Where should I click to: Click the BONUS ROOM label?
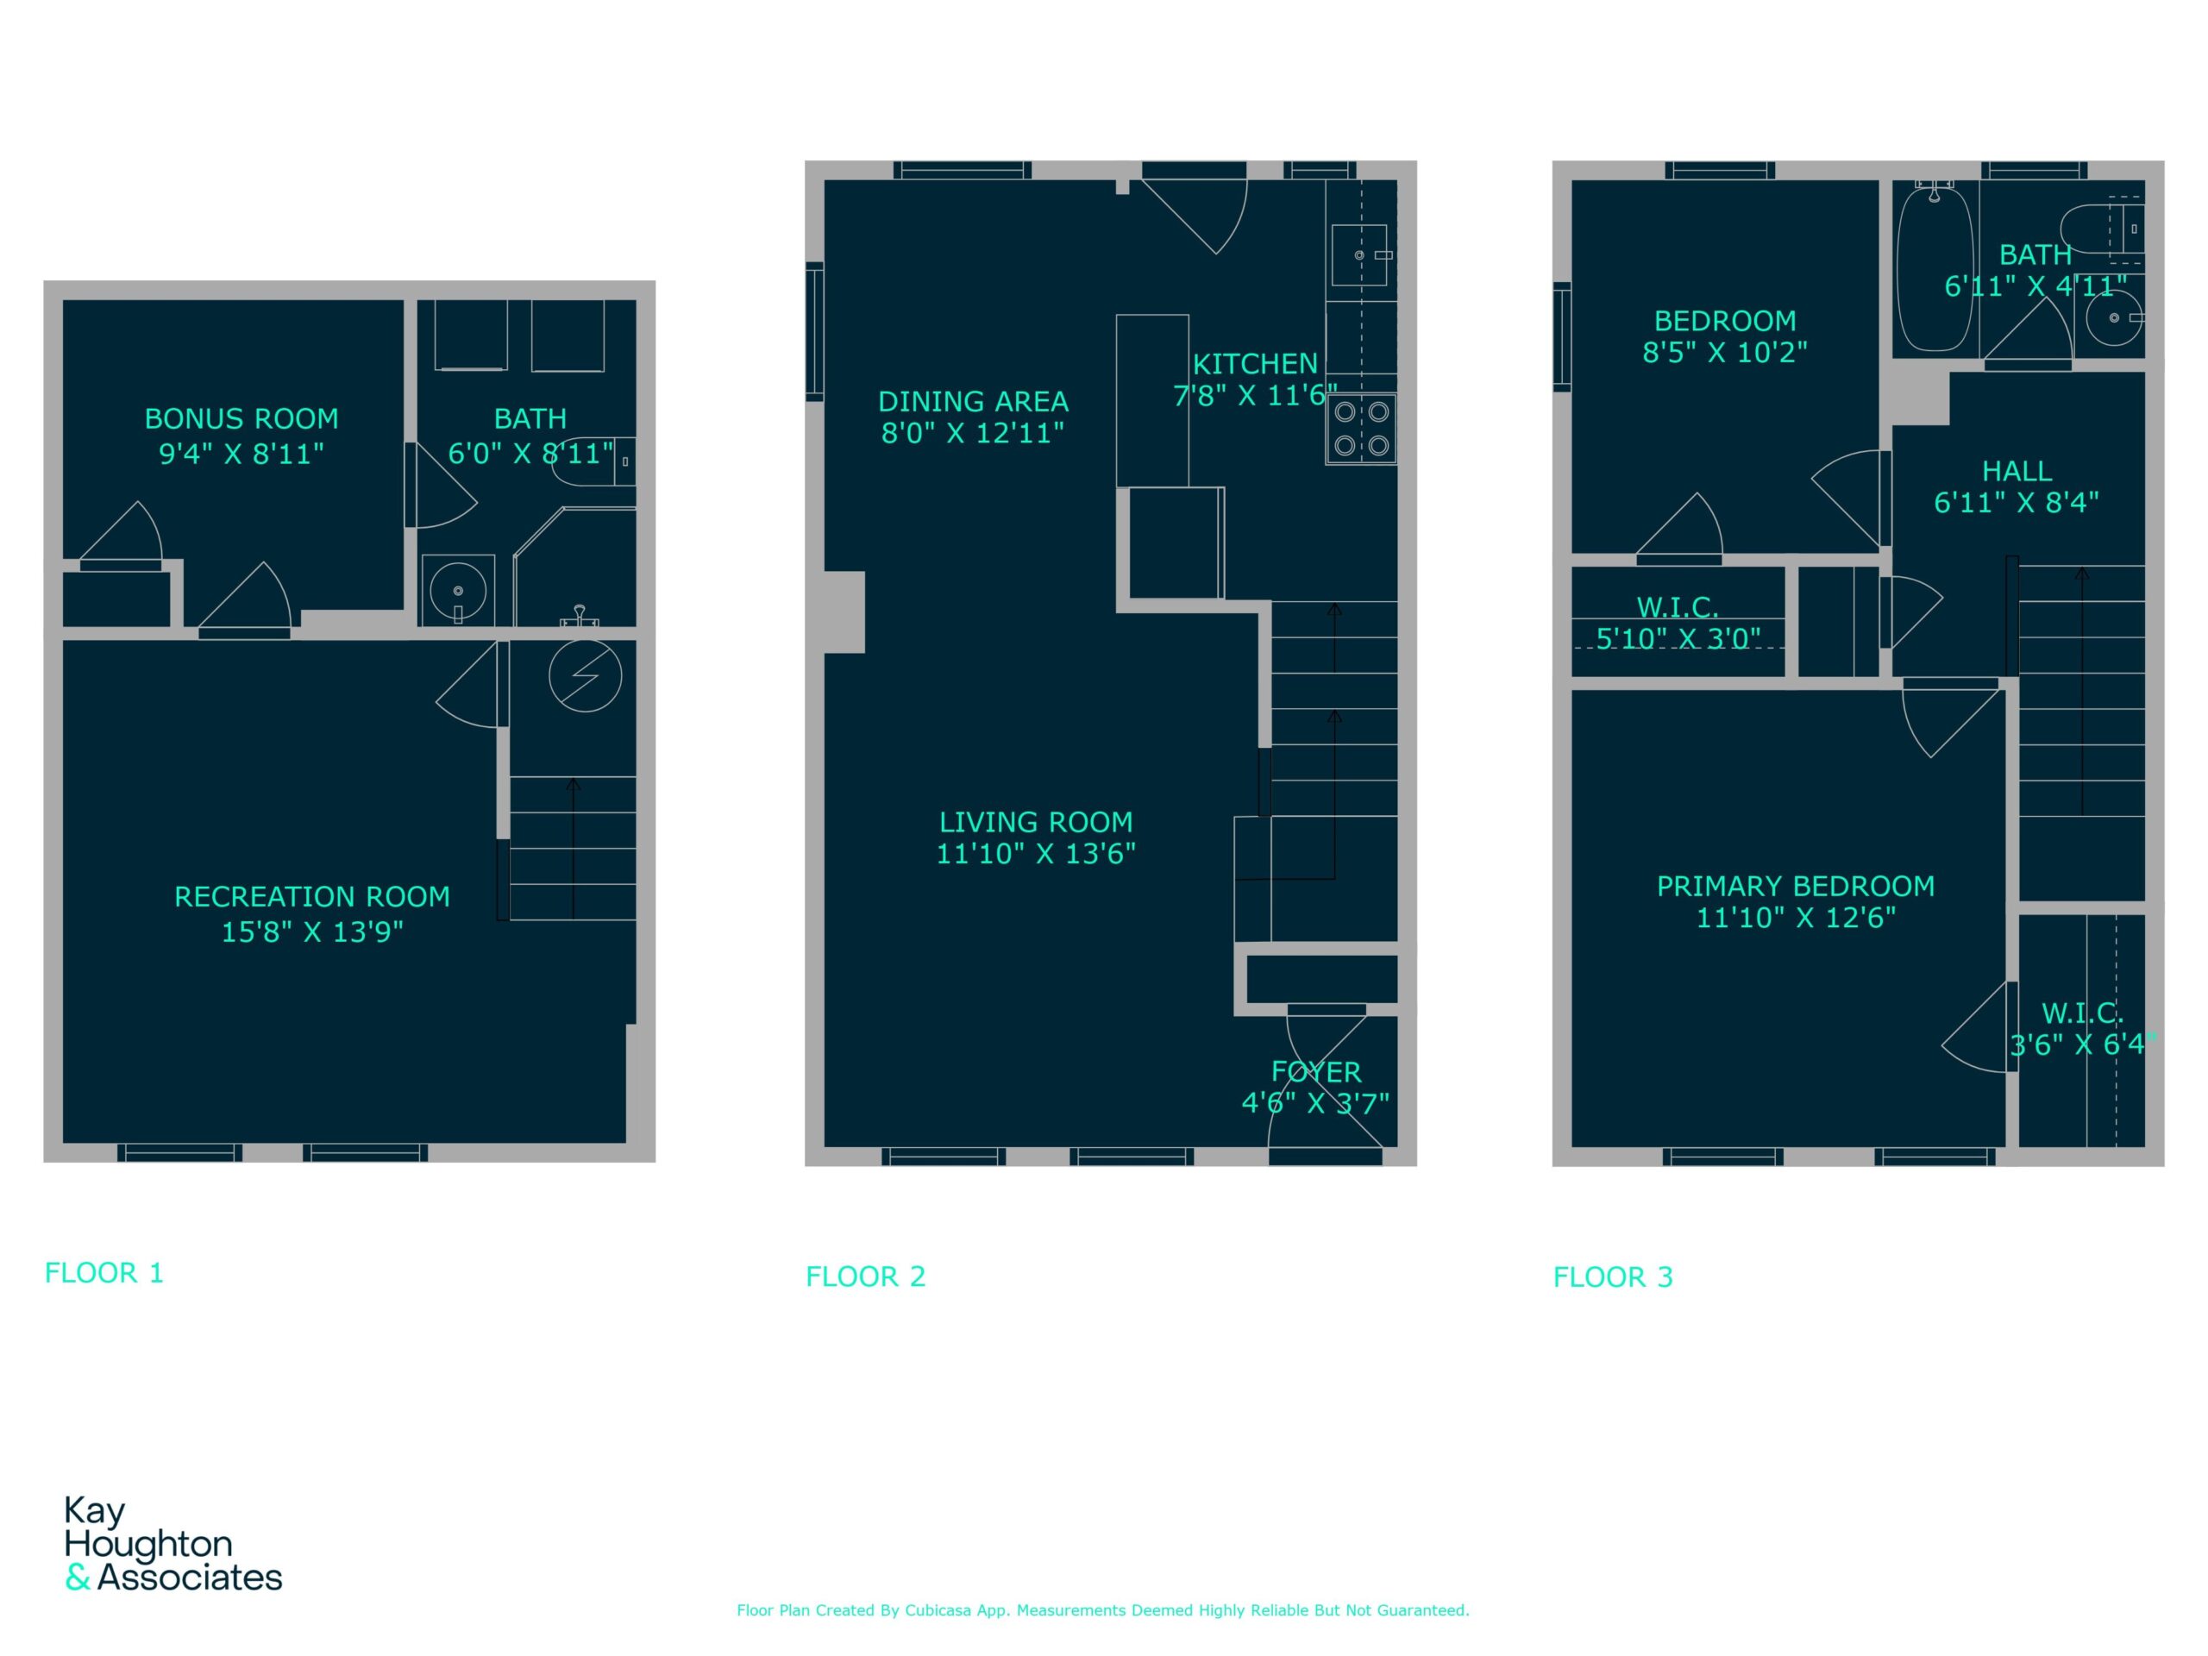[241, 419]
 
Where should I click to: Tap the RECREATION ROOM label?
[312, 897]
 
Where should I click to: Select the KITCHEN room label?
[1256, 364]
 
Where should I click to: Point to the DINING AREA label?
[973, 402]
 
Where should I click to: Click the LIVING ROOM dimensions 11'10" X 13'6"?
[1036, 855]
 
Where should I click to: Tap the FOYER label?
[1315, 1073]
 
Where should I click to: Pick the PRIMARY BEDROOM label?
[1796, 887]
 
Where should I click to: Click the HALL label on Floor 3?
[2017, 471]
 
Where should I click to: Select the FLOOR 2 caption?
[865, 1276]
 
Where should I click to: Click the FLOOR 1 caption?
[103, 1273]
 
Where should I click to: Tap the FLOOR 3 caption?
[1613, 1276]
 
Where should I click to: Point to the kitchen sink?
[1359, 255]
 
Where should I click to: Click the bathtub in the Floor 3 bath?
[1935, 267]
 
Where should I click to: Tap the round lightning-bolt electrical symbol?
[585, 676]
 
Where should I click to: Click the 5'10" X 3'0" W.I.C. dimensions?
[1678, 639]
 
